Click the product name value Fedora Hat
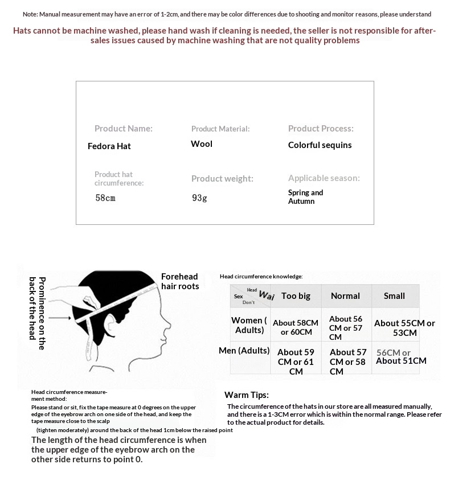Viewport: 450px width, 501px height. click(109, 146)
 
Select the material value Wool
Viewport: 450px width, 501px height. click(202, 144)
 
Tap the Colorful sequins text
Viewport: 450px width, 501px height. click(320, 145)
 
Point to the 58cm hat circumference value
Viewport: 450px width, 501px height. click(105, 198)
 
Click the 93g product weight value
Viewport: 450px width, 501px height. click(199, 198)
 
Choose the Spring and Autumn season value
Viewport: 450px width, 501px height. click(305, 196)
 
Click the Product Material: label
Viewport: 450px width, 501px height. click(220, 129)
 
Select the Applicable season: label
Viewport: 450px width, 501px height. click(324, 178)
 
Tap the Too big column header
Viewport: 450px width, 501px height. click(296, 296)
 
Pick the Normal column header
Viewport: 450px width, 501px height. click(345, 296)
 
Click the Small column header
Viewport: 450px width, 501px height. click(394, 296)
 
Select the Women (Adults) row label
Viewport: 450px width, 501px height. click(249, 325)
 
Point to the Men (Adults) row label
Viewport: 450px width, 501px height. click(244, 351)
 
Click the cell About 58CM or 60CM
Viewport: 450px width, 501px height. click(296, 327)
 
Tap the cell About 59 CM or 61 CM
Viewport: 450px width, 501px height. click(296, 362)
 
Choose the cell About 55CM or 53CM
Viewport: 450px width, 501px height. click(404, 327)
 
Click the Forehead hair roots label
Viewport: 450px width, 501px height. click(180, 281)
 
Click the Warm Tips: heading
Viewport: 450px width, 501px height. click(247, 395)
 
